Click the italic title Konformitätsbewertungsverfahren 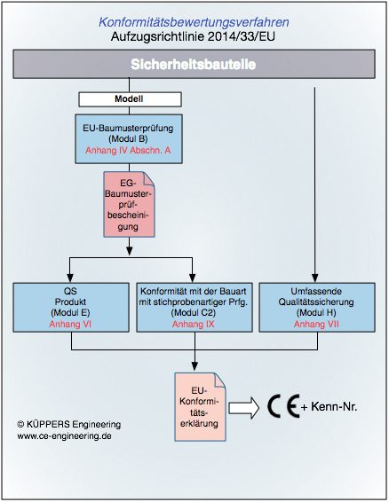pos(194,22)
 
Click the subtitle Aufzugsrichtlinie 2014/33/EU pos(193,36)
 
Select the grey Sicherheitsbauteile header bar pos(194,64)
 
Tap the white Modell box pos(130,99)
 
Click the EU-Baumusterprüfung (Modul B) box pos(129,139)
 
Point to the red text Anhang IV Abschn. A pos(128,151)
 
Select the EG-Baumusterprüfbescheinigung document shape pos(129,205)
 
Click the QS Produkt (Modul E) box pos(71,308)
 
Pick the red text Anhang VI pos(70,325)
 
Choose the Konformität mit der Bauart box pos(194,308)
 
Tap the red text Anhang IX pos(193,325)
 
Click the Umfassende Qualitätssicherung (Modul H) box pos(317,308)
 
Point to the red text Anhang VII pos(316,325)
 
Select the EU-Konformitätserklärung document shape pos(200,407)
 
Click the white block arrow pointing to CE pos(243,408)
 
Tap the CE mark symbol pos(283,406)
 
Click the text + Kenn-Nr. pos(329,407)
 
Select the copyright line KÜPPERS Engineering pos(69,425)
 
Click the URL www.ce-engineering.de pos(65,435)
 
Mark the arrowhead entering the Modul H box pos(315,278)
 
